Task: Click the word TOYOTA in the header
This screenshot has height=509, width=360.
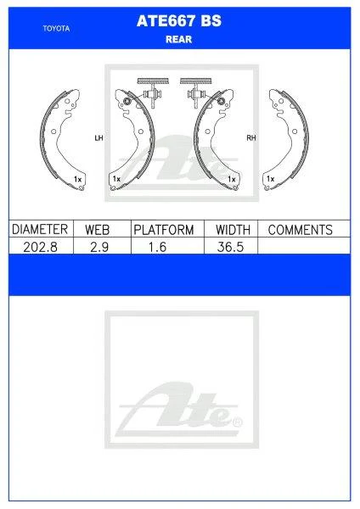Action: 56,28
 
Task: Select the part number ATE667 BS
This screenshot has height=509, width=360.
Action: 179,23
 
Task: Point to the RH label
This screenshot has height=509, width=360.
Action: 250,137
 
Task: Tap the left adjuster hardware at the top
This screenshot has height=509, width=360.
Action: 152,91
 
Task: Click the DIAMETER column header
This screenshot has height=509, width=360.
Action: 40,229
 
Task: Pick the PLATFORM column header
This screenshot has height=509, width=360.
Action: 164,229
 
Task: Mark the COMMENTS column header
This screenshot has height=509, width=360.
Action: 300,229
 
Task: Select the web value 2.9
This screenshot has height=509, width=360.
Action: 100,245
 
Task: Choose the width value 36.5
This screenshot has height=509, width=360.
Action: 230,245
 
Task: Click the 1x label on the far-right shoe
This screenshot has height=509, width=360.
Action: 270,180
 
